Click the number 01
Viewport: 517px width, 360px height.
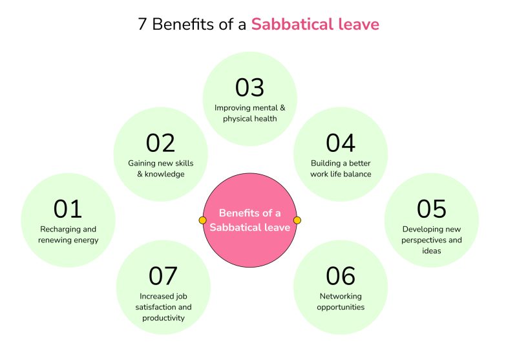point(68,209)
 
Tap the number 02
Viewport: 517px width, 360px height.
point(161,143)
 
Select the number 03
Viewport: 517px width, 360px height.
point(249,87)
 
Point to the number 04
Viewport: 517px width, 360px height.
point(341,143)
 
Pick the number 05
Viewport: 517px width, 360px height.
point(432,209)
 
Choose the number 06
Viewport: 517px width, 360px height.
point(341,276)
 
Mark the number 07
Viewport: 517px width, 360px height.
point(163,276)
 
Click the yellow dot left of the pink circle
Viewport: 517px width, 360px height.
point(203,220)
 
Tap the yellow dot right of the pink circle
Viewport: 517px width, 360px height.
point(297,220)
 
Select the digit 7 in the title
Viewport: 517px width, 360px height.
point(142,25)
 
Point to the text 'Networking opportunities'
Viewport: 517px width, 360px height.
point(341,302)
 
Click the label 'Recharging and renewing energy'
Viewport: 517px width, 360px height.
point(69,235)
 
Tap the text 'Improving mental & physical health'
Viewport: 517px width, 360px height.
point(249,113)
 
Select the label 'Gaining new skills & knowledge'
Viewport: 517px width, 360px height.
point(161,168)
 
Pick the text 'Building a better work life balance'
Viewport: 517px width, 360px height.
point(341,168)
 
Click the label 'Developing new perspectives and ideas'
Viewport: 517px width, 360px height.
point(432,240)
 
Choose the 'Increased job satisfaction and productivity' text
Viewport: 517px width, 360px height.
point(163,307)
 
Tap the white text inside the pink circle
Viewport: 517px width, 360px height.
point(249,220)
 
